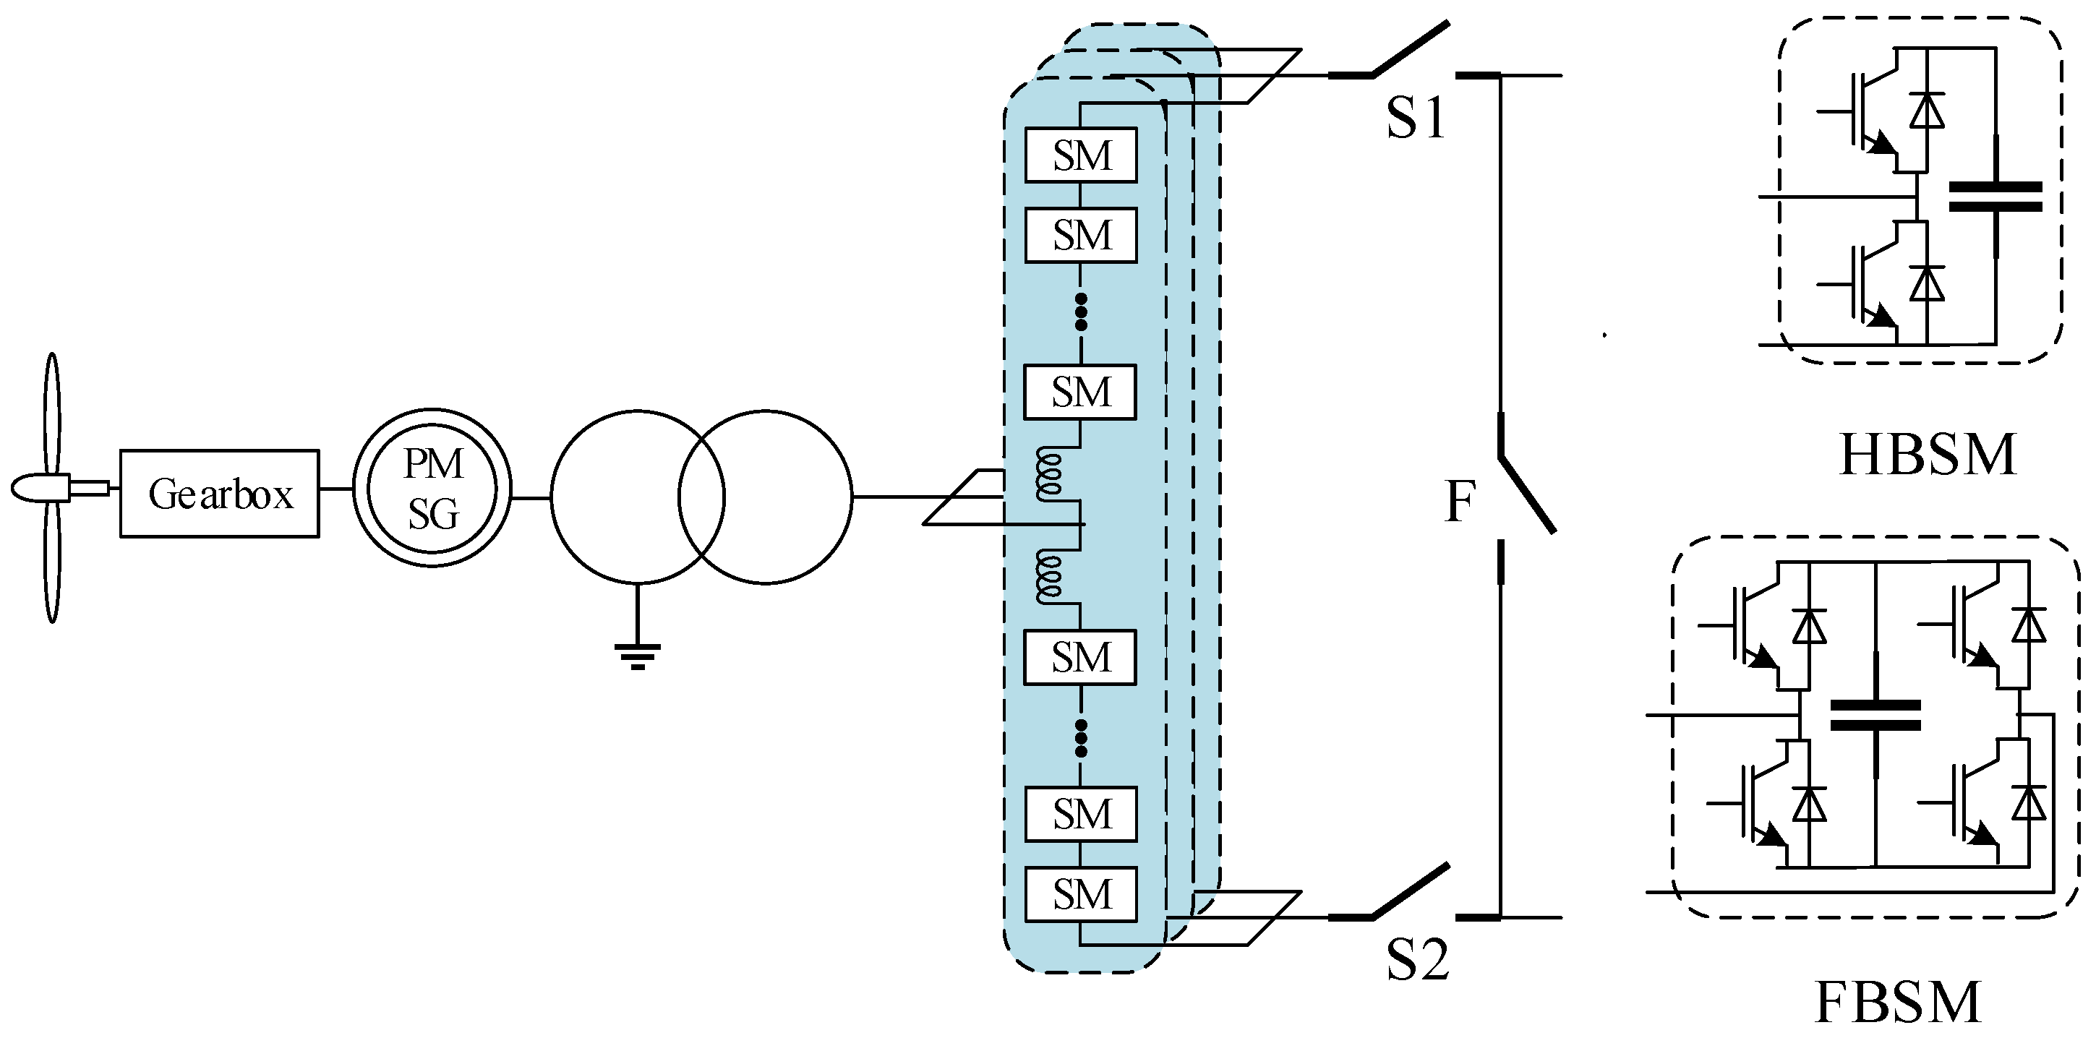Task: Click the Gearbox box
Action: (x=220, y=494)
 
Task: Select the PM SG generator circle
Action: (x=432, y=488)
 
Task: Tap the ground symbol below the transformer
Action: (x=637, y=656)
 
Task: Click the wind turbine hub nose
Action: (x=28, y=487)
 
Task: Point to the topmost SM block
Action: (x=1081, y=155)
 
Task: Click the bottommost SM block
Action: (x=1081, y=895)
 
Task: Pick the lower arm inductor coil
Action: (x=1049, y=575)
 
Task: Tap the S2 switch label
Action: (x=1417, y=961)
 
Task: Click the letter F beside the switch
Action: (x=1460, y=502)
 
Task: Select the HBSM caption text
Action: (x=1928, y=455)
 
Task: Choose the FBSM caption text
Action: (x=1899, y=1003)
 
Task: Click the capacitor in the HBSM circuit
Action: (x=1995, y=197)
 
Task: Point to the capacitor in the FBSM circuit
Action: (x=1875, y=715)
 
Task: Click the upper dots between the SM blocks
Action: (x=1081, y=312)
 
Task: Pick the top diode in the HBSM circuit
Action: (x=1926, y=111)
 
